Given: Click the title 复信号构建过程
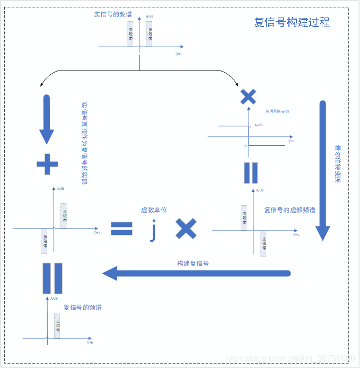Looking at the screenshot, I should coord(292,22).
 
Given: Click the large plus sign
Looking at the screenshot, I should coord(47,165).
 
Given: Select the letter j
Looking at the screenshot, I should coord(153,230).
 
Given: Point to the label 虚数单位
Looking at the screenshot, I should coord(154,210).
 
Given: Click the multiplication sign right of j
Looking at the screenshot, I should coord(186,229).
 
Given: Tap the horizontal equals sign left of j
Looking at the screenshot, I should coord(121,229).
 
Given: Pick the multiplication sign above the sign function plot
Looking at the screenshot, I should coord(248,96).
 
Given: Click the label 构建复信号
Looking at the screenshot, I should coord(193,264).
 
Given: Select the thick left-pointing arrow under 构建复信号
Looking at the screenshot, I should coord(196,274).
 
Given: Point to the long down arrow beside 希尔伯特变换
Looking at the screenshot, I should coord(323,170).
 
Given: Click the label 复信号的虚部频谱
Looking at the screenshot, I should coord(289,210).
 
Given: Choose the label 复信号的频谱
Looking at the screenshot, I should coord(83,308).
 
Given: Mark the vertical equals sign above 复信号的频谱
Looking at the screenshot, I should coord(52,278).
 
